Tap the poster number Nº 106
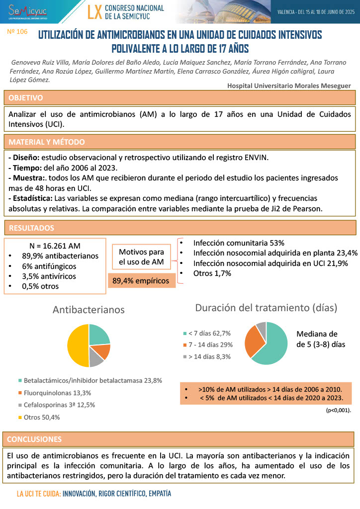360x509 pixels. [17, 31]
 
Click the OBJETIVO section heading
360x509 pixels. [26, 97]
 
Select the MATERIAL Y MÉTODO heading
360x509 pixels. [47, 142]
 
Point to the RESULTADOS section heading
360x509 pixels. [31, 228]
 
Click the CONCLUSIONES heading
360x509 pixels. [35, 439]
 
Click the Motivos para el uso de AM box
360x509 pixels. [141, 257]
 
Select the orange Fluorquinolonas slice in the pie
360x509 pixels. [102, 351]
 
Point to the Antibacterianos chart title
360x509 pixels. [89, 310]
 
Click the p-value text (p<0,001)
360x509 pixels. [338, 411]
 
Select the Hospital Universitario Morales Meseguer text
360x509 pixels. [289, 85]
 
